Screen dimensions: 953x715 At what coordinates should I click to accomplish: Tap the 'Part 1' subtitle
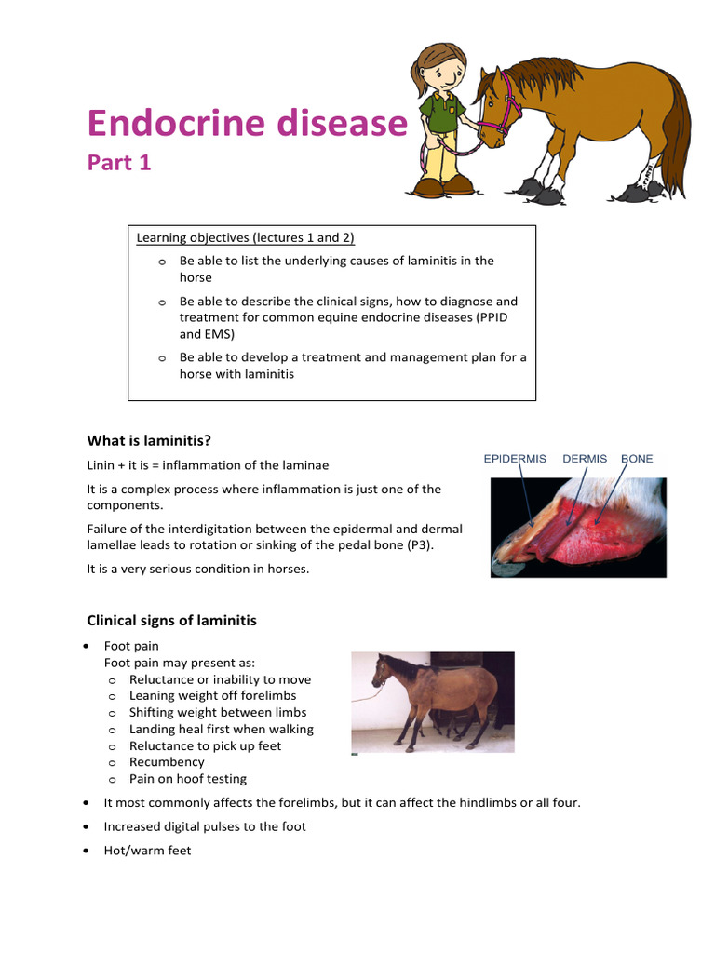tap(119, 163)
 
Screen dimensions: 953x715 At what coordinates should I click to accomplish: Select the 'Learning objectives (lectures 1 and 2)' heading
tap(246, 237)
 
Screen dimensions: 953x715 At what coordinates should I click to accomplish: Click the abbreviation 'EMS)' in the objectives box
tap(220, 334)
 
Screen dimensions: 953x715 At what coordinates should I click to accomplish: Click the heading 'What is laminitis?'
tap(155, 440)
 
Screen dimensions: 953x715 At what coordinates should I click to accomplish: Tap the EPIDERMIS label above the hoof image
tap(515, 459)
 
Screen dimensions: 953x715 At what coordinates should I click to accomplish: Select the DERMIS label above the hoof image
tap(585, 459)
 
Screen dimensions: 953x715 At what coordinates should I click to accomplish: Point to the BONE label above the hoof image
tap(637, 459)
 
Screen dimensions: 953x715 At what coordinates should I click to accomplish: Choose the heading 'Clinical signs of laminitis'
tap(171, 620)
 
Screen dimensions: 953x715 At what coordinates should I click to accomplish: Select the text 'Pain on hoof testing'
tap(188, 779)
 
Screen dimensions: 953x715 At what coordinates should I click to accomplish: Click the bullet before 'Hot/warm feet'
tap(87, 851)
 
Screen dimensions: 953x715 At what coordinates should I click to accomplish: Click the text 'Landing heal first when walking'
tap(222, 729)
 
